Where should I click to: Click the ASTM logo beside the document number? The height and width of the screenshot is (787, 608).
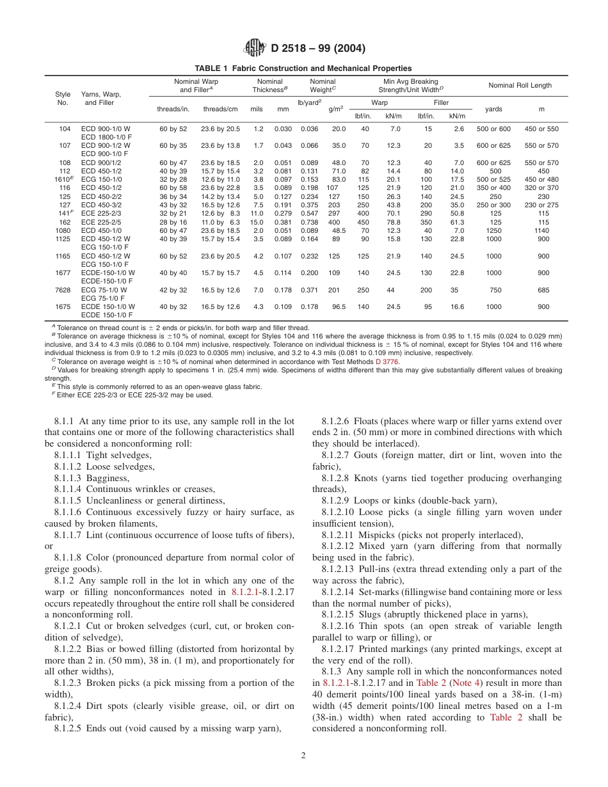(x=254, y=47)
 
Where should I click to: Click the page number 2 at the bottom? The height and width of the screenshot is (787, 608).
(x=303, y=755)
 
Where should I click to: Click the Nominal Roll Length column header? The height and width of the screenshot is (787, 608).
(x=520, y=86)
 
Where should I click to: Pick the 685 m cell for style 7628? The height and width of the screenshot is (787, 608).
(x=543, y=290)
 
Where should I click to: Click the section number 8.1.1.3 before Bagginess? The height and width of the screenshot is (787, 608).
(x=72, y=478)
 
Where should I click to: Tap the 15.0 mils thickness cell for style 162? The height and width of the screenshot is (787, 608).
(x=256, y=222)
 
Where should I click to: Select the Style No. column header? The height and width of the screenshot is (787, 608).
(x=63, y=98)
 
